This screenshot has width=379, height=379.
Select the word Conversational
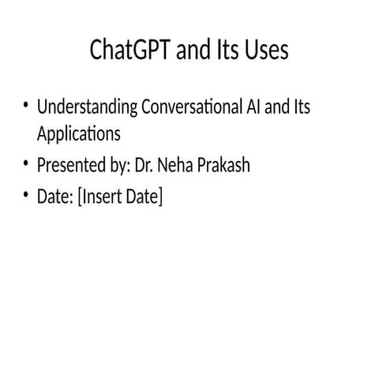click(x=189, y=107)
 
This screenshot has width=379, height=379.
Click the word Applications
click(x=78, y=134)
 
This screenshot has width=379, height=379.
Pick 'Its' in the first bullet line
click(x=300, y=107)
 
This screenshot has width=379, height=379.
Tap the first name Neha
click(x=175, y=167)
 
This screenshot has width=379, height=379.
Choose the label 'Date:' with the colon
click(x=55, y=196)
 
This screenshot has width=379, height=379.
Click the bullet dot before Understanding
click(x=27, y=106)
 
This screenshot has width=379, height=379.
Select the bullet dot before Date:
click(x=27, y=195)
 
